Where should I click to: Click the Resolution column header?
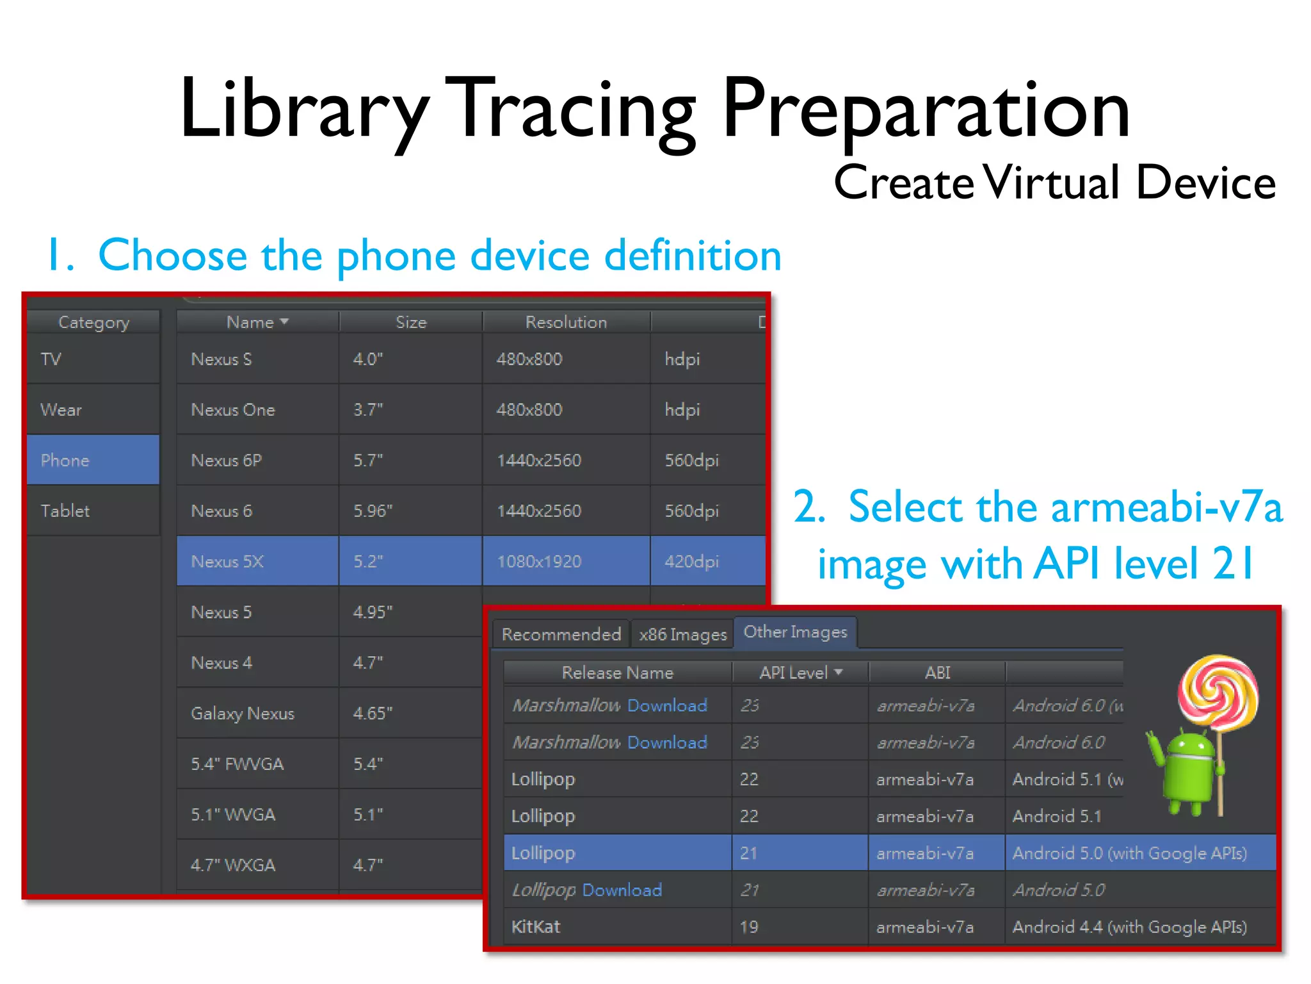(x=566, y=322)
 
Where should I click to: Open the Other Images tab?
(x=795, y=632)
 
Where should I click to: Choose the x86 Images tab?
(x=682, y=634)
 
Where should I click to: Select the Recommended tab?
(x=561, y=634)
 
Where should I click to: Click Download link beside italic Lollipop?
(x=622, y=890)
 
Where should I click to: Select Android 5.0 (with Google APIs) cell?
(x=1129, y=853)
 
